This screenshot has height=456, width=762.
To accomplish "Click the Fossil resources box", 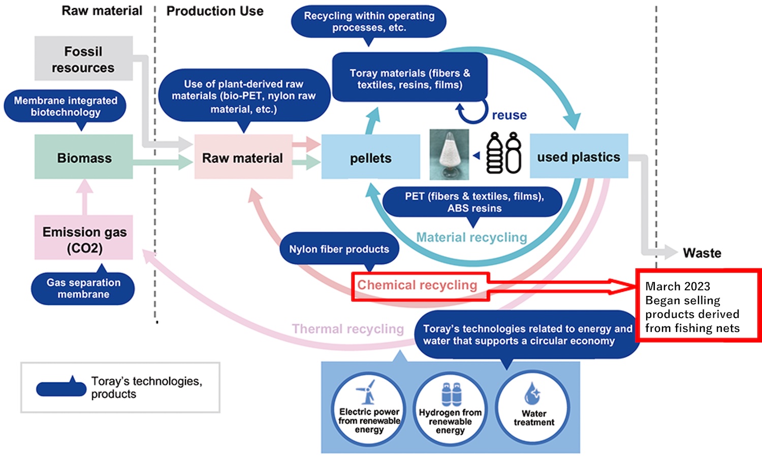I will tap(83, 58).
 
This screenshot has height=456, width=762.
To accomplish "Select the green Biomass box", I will tap(84, 157).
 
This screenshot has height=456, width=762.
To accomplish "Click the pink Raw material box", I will tap(243, 157).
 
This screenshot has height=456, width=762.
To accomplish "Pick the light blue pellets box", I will tap(370, 157).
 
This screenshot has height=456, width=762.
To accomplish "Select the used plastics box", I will tap(579, 156).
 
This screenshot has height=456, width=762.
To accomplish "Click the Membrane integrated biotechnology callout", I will tap(65, 106).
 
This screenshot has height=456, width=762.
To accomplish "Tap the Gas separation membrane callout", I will tap(83, 288).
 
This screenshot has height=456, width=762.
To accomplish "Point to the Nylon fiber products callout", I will tap(339, 249).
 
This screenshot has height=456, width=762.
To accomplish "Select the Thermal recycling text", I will tap(347, 329).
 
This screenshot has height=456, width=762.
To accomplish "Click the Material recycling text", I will tap(471, 237).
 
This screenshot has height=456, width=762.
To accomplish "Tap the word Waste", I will tap(702, 253).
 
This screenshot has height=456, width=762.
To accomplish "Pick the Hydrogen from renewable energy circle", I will tap(450, 409).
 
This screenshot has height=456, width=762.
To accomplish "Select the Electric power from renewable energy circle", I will tap(369, 409).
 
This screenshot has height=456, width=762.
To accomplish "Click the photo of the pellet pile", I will tap(449, 155).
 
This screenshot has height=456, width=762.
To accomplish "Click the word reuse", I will tap(509, 115).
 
